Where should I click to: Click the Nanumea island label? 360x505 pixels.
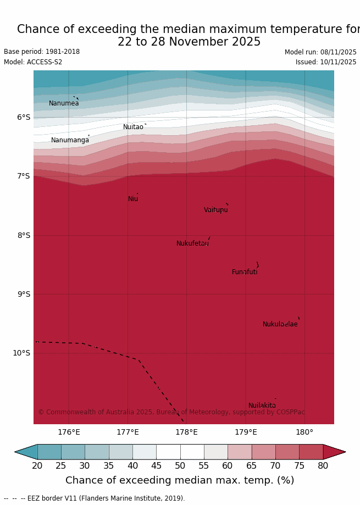[x=64, y=103]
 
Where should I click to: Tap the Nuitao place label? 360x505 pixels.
[x=133, y=127]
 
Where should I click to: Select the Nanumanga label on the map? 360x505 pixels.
[x=70, y=140]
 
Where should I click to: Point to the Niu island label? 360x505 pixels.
[x=133, y=199]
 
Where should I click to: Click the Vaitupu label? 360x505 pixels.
[x=215, y=210]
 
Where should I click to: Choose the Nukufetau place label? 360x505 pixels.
[x=192, y=243]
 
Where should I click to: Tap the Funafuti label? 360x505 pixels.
[x=245, y=272]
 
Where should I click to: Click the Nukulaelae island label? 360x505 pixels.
[x=280, y=324]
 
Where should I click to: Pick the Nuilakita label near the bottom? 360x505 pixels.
[x=262, y=406]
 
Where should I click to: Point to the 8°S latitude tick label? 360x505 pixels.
[x=24, y=235]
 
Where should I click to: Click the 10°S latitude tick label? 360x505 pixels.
[x=21, y=353]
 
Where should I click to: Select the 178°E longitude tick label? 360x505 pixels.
[x=186, y=432]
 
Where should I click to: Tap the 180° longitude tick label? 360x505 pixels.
[x=304, y=432]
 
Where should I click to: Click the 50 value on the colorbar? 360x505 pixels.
[x=180, y=466]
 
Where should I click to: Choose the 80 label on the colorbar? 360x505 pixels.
[x=323, y=466]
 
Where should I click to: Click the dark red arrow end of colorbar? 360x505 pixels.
[x=335, y=452]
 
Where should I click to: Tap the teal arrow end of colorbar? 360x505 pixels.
[x=25, y=452]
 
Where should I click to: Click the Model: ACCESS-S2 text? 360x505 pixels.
[x=33, y=62]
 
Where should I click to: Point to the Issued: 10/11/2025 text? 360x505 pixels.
[x=325, y=62]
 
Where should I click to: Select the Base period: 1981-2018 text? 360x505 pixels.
[x=42, y=52]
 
